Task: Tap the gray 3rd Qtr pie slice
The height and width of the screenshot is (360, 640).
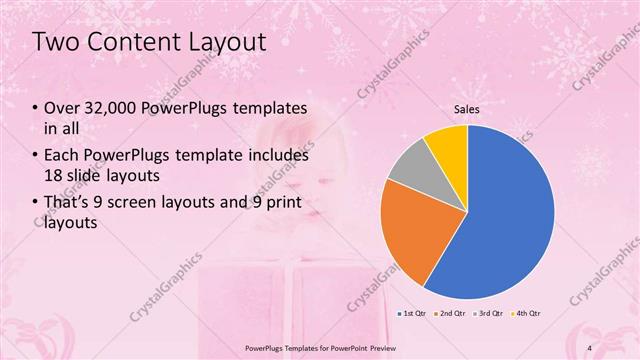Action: pos(407,167)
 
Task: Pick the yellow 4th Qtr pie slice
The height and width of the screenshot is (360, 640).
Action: pos(445,145)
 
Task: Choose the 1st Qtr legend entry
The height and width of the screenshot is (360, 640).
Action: pos(413,315)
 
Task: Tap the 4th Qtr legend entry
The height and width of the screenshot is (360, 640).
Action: pos(527,315)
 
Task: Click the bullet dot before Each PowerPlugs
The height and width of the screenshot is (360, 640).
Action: pos(37,156)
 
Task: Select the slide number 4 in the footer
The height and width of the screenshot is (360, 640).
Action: pos(590,348)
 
